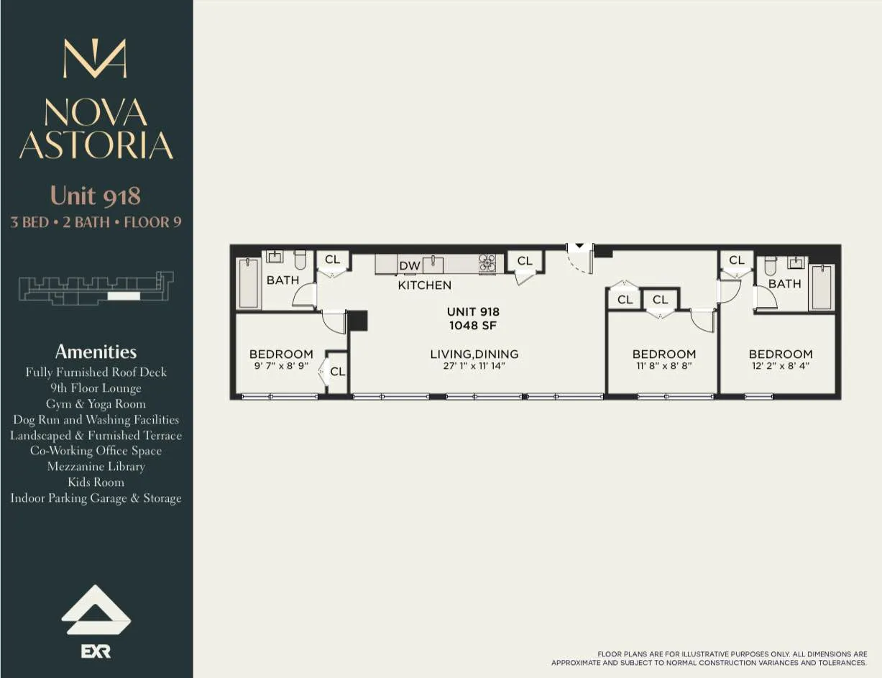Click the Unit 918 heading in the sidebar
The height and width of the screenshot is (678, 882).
pyautogui.click(x=96, y=196)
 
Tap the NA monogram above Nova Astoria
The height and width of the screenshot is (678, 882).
pyautogui.click(x=95, y=59)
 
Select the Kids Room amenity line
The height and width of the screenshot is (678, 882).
pyautogui.click(x=96, y=482)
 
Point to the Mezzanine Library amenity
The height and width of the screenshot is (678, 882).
pyautogui.click(x=96, y=467)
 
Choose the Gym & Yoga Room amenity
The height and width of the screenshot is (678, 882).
pyautogui.click(x=96, y=404)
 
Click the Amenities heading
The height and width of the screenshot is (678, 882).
pyautogui.click(x=96, y=352)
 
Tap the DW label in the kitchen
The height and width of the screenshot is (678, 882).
pyautogui.click(x=410, y=266)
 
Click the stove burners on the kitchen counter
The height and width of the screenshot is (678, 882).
pyautogui.click(x=487, y=263)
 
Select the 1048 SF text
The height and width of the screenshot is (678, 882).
pyautogui.click(x=473, y=326)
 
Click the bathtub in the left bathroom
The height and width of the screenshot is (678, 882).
pyautogui.click(x=249, y=283)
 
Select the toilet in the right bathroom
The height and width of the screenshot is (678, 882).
pyautogui.click(x=771, y=265)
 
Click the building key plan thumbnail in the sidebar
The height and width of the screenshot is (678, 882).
pyautogui.click(x=96, y=288)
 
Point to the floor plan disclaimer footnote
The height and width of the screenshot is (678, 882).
pyautogui.click(x=709, y=659)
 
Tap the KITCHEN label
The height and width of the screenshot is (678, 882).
pyautogui.click(x=425, y=285)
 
